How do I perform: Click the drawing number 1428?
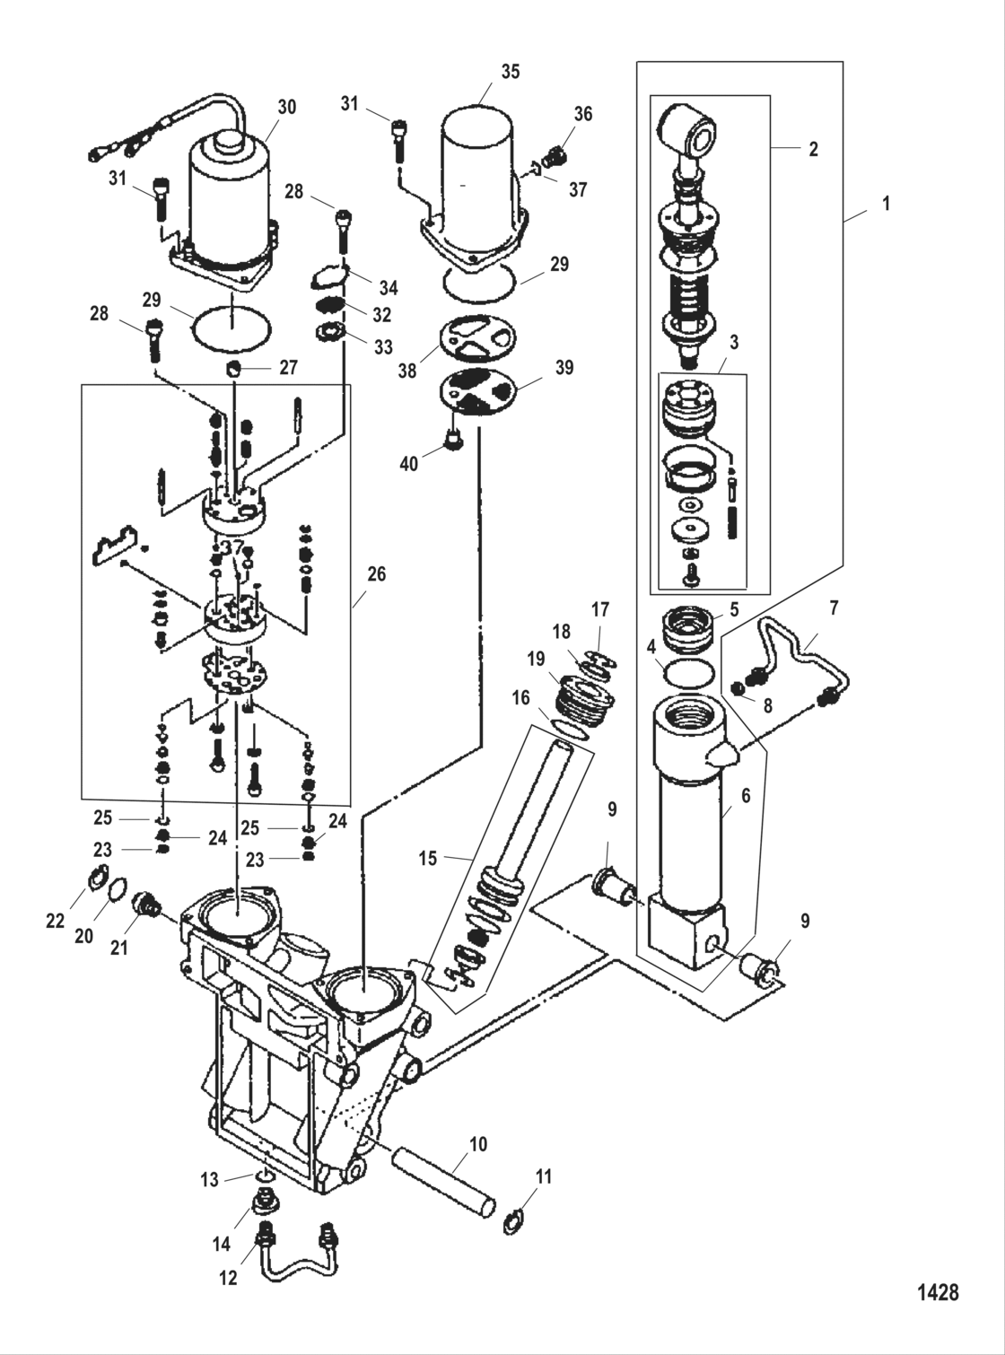[x=938, y=1292]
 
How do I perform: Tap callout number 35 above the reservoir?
[x=510, y=72]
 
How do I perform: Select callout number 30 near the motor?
[x=285, y=107]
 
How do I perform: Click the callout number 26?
[x=376, y=573]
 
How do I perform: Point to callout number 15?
[x=427, y=858]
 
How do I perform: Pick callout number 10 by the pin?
[x=478, y=1144]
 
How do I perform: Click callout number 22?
[x=56, y=921]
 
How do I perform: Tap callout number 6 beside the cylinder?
[x=745, y=795]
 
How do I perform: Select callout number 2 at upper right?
[x=813, y=149]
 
